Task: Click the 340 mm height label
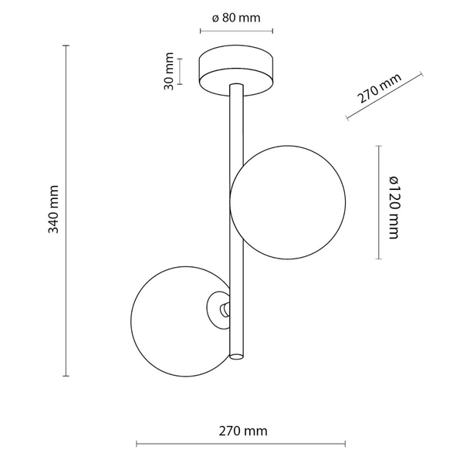[x=53, y=211]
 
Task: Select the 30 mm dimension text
[x=167, y=71]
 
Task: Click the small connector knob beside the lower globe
[x=224, y=309]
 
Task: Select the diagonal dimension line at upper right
[x=386, y=97]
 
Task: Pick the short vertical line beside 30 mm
[x=180, y=71]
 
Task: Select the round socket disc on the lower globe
[x=218, y=309]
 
